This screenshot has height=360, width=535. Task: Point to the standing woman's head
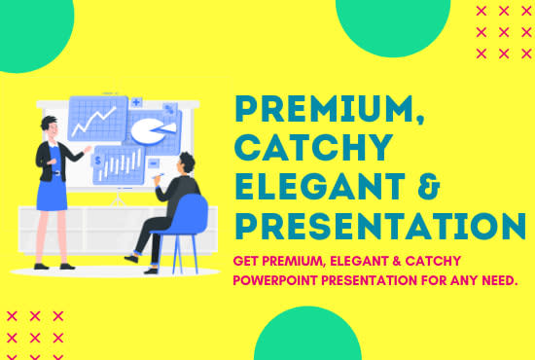point(50,127)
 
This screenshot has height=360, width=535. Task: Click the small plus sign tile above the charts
point(137,101)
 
